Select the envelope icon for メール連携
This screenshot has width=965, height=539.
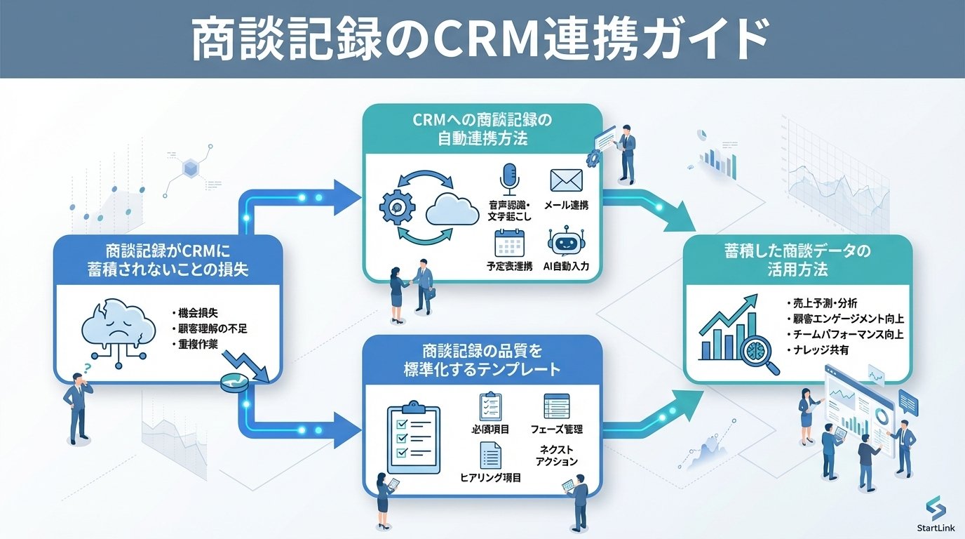point(567,180)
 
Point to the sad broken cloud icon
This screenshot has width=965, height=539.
point(114,326)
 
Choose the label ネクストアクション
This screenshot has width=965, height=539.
point(556,455)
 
